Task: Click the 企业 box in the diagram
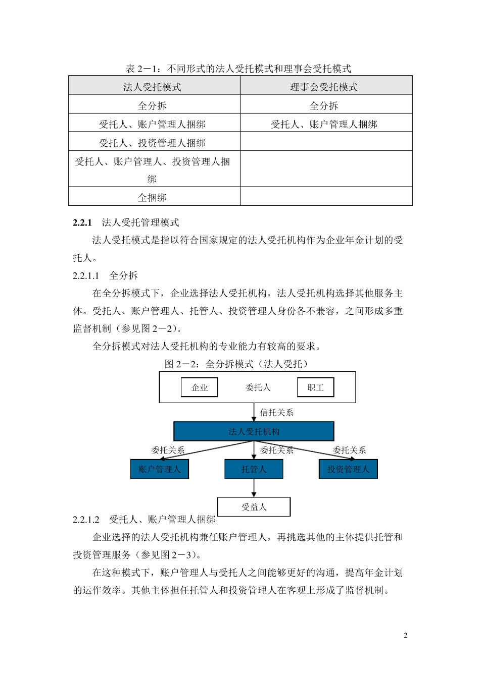200,387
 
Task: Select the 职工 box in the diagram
315,387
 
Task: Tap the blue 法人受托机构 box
254,431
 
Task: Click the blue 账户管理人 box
159,469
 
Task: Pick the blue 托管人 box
254,469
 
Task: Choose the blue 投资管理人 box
348,469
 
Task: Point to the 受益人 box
254,507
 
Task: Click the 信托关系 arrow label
276,413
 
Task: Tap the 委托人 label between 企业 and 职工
258,387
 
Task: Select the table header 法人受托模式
152,87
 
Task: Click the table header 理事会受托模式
324,87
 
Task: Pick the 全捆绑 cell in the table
152,197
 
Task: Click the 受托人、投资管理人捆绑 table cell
152,143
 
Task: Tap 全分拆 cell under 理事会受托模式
324,105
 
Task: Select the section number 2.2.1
82,222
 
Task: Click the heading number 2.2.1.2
86,520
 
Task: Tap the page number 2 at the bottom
405,635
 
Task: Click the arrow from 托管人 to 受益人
254,488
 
